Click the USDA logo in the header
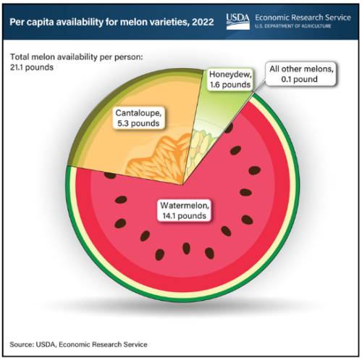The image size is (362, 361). [238, 22]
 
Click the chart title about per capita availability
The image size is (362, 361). [111, 22]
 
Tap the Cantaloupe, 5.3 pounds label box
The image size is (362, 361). [138, 118]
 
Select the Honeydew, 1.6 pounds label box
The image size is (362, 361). [230, 80]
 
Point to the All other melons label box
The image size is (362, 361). [301, 74]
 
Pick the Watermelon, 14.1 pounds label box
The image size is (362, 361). [185, 210]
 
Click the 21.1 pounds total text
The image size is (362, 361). [32, 67]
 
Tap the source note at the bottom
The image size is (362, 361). [78, 344]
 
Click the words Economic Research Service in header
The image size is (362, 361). [303, 17]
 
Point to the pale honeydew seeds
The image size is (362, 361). [198, 147]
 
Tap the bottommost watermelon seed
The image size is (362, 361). [159, 254]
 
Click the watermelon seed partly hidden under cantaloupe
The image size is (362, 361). [110, 175]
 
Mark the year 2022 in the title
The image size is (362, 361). [203, 22]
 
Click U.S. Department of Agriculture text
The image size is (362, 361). [293, 26]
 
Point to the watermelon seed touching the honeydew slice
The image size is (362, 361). [229, 128]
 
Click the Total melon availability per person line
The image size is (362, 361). [77, 57]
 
